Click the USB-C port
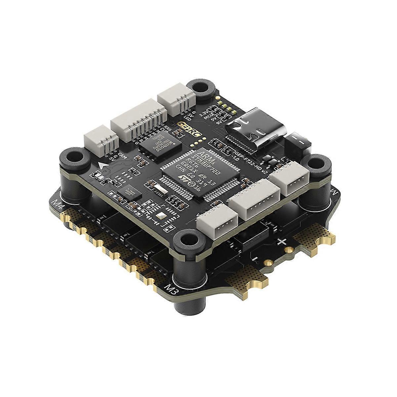pos(255,131)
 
